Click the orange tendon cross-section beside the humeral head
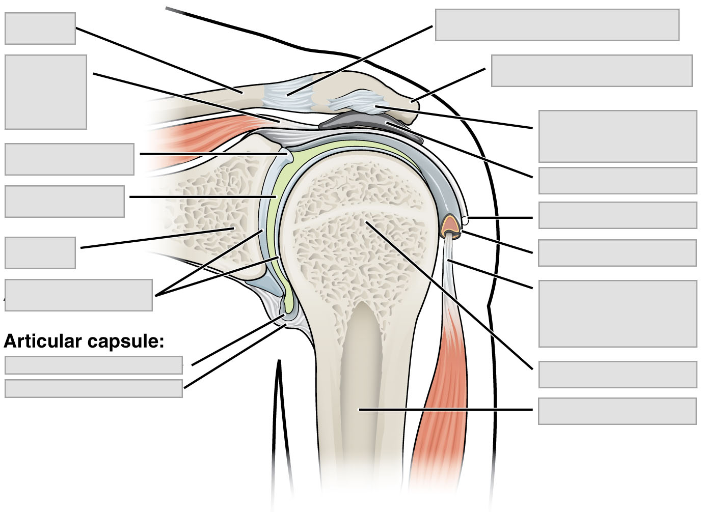[x=450, y=224]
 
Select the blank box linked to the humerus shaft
[x=617, y=411]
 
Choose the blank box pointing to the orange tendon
[x=617, y=253]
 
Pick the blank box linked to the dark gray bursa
[x=617, y=181]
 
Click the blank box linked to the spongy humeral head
[x=617, y=375]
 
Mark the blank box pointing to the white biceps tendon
[x=617, y=313]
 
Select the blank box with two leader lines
[x=78, y=295]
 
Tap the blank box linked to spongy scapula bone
[x=40, y=252]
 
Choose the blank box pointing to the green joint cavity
[x=65, y=202]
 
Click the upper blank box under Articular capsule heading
[x=94, y=365]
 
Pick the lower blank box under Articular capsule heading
[x=94, y=388]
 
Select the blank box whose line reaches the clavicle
[x=40, y=29]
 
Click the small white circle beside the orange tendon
[x=465, y=220]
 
